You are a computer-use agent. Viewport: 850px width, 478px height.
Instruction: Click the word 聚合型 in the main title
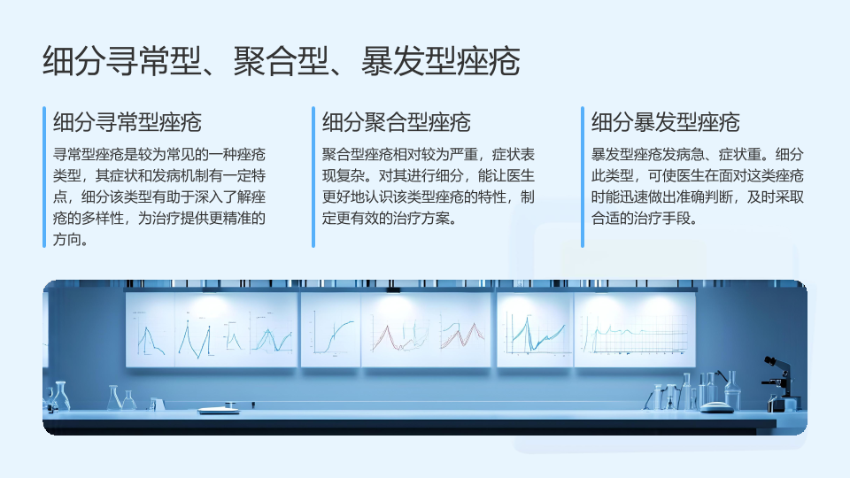pos(281,61)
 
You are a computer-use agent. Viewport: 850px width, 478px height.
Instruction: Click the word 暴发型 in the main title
pos(409,61)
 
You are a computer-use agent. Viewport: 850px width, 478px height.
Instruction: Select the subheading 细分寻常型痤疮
pos(127,122)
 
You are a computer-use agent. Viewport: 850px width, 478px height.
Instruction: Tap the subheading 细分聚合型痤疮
pos(397,122)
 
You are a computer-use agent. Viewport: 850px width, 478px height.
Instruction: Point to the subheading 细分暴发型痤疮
pos(665,122)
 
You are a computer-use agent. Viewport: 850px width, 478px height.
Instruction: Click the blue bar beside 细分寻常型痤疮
pos(44,177)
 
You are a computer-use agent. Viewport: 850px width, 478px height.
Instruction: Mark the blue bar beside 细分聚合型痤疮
pos(313,177)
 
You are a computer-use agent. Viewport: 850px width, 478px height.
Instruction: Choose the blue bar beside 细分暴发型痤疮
pos(583,177)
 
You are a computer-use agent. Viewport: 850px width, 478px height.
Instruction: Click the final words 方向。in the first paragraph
pos(71,239)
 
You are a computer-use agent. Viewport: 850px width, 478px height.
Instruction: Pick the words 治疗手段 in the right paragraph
pos(661,218)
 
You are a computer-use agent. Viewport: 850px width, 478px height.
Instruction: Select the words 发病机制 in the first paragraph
pos(166,175)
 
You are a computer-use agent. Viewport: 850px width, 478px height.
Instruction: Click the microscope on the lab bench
pos(779,383)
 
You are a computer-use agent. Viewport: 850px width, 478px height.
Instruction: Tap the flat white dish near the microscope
pos(716,407)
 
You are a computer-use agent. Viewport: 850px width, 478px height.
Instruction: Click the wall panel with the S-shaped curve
pos(330,329)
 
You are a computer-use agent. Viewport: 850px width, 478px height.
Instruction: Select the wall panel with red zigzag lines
pos(426,329)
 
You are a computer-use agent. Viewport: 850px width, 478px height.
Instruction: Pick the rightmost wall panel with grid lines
pos(635,329)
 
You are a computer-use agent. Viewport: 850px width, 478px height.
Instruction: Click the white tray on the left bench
pos(219,410)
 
